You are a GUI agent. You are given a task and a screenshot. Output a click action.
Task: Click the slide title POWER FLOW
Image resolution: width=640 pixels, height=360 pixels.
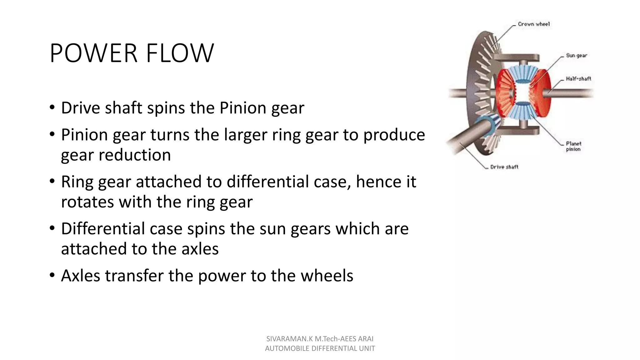click(x=132, y=53)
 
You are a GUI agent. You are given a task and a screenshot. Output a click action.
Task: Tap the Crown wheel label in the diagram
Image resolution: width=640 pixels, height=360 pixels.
click(x=533, y=24)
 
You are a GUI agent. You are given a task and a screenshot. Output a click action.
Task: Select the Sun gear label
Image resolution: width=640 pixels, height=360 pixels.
click(x=576, y=56)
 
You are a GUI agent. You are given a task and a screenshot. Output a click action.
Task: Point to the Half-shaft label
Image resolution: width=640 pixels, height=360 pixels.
click(x=578, y=79)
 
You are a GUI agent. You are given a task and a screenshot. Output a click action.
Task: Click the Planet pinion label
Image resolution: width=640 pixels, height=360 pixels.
click(x=573, y=146)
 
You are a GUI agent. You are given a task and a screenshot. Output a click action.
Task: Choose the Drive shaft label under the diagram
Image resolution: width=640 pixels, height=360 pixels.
click(x=504, y=167)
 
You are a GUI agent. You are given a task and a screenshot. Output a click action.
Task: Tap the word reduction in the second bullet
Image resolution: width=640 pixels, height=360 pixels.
click(x=135, y=155)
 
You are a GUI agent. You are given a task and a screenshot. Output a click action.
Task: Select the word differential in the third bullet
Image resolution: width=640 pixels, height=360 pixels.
click(x=268, y=182)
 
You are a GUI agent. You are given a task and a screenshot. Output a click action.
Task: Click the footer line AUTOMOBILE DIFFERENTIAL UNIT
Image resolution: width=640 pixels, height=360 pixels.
click(x=320, y=348)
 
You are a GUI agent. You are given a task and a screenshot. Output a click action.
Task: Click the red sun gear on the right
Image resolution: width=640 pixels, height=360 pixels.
click(x=541, y=94)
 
